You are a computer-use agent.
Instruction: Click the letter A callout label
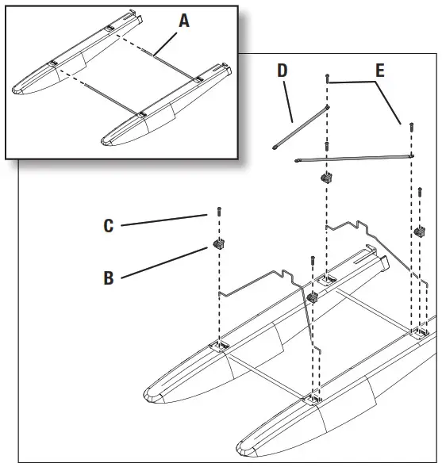[184, 21]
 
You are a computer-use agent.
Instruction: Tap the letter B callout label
[109, 278]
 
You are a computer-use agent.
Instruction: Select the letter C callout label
[109, 226]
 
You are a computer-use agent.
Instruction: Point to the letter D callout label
[283, 71]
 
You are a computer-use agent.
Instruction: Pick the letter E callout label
[380, 71]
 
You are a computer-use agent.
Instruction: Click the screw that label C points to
[216, 212]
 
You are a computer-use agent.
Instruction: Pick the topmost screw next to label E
[327, 77]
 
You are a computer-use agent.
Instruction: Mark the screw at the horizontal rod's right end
[411, 126]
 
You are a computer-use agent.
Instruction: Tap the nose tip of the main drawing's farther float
[149, 394]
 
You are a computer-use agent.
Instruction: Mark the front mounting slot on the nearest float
[314, 399]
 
